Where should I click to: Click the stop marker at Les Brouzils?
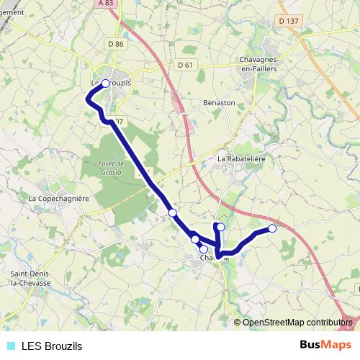[x=106, y=84]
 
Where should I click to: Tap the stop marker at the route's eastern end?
[x=272, y=228]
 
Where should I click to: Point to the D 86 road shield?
[x=115, y=45]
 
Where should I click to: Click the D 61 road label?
[x=186, y=65]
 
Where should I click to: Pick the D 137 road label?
[x=289, y=21]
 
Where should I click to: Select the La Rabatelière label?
[x=242, y=159]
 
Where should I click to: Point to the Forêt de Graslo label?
[x=112, y=168]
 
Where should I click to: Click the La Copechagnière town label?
[x=58, y=197]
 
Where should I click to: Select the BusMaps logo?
[x=325, y=346]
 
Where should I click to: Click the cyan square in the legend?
[x=11, y=346]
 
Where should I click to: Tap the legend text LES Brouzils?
[x=52, y=346]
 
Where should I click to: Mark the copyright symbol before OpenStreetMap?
[x=238, y=322]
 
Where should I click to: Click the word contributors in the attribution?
[x=328, y=322]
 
